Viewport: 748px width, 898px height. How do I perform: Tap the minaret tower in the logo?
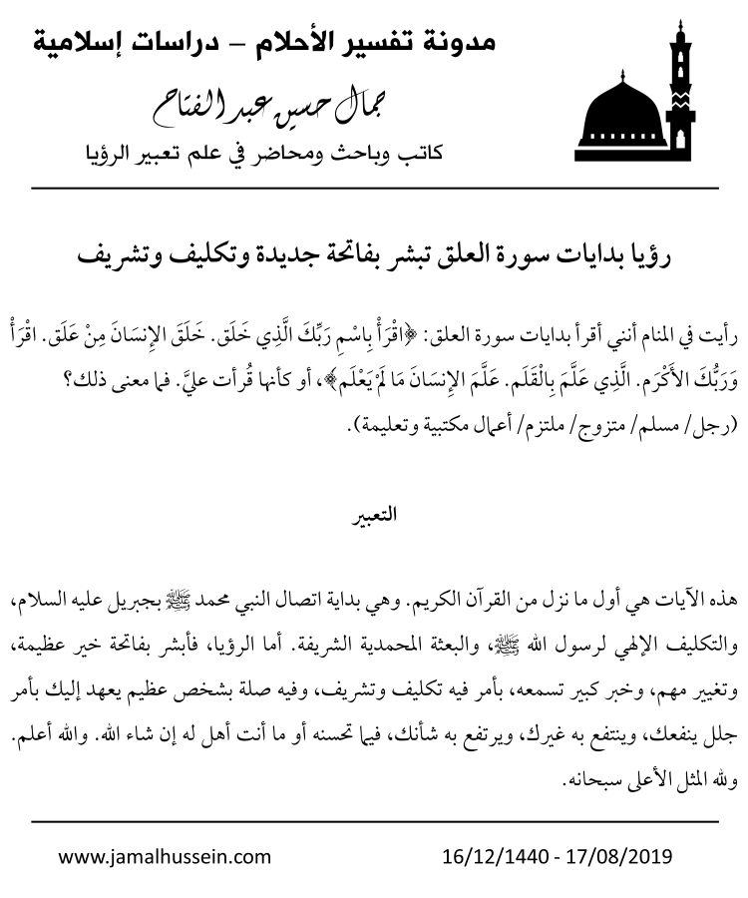tap(681, 90)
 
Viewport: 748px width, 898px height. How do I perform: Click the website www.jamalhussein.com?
tap(165, 856)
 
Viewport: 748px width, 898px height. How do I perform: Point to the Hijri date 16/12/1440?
tap(490, 856)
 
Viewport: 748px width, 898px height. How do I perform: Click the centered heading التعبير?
tap(375, 516)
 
